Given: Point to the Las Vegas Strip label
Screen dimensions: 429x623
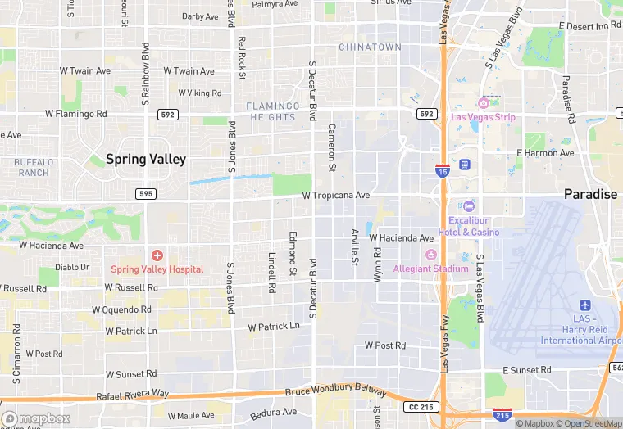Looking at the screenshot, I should [x=484, y=117].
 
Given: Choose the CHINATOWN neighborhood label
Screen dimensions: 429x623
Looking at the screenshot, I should [x=370, y=47].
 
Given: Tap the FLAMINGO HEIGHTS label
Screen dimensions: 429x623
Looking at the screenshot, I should [x=273, y=111].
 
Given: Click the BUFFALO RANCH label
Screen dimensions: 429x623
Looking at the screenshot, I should [x=34, y=167].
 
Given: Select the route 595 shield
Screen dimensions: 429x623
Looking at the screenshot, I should [x=145, y=193].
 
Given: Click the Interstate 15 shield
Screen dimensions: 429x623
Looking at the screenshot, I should [x=442, y=169].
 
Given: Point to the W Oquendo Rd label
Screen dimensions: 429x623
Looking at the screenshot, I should [x=121, y=310].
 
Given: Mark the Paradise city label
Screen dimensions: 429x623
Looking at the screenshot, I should [x=590, y=194].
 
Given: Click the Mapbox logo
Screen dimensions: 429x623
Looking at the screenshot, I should [x=36, y=418].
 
